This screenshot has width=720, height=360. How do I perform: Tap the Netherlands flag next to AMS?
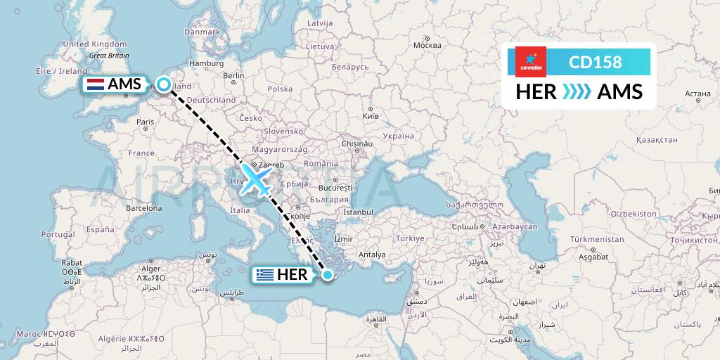coord(95,85)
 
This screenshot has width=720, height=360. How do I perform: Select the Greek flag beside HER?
coord(266,275)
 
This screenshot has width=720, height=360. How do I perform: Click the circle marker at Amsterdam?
coord(164,85)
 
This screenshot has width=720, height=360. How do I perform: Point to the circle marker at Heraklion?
coord(328,275)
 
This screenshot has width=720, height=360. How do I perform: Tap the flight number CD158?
coord(595,62)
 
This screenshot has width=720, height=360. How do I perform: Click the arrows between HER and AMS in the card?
coord(577,92)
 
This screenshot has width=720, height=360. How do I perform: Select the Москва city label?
coord(427,46)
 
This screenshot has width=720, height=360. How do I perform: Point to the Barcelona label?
coord(144,208)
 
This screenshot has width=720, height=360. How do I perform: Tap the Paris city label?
coord(145,122)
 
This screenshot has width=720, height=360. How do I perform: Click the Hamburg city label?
coord(206,63)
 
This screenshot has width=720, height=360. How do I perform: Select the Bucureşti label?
coord(334,188)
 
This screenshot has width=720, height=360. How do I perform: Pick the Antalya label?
coord(372,254)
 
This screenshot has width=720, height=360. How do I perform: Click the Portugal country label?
coord(58,234)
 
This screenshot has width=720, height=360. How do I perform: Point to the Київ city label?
coord(371,115)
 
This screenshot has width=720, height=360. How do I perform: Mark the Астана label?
coord(698,93)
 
